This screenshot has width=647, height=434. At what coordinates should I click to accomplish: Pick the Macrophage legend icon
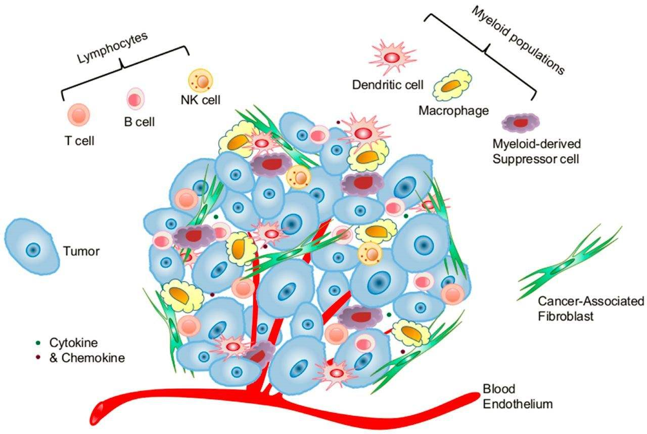pyautogui.click(x=452, y=86)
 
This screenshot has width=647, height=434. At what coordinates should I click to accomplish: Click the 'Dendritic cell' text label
pyautogui.click(x=388, y=84)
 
